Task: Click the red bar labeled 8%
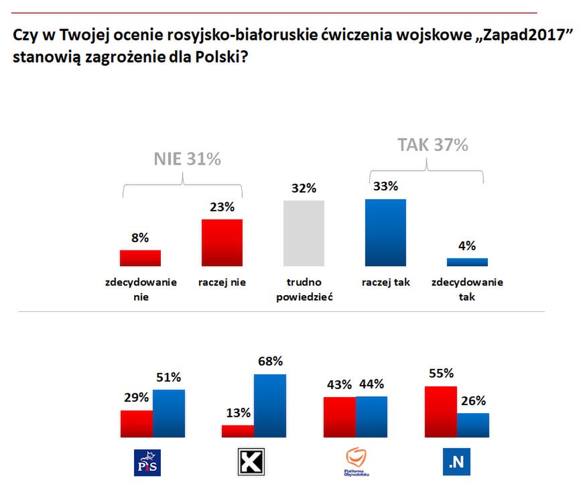(140, 258)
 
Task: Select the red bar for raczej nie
(222, 243)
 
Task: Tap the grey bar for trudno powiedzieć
(304, 233)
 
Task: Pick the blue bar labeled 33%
(385, 233)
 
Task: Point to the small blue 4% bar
(467, 262)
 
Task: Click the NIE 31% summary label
(188, 160)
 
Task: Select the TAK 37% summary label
(432, 145)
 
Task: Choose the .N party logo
(456, 462)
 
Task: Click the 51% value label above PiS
(168, 378)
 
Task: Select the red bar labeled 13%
(238, 431)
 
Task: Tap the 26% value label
(472, 401)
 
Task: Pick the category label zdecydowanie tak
(467, 289)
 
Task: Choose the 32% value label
(304, 188)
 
